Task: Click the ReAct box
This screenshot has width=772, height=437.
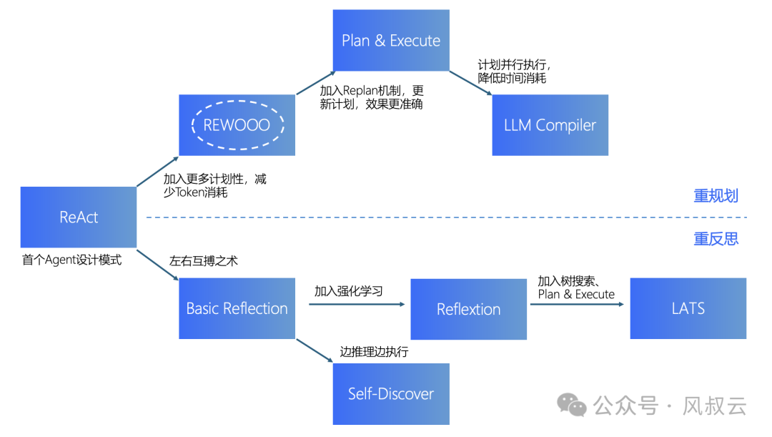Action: [x=79, y=217]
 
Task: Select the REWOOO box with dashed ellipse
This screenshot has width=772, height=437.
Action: [x=237, y=125]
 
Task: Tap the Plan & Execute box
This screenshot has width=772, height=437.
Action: [x=391, y=41]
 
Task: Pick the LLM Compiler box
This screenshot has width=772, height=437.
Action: [x=550, y=125]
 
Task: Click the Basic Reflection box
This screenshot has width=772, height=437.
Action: [x=237, y=308]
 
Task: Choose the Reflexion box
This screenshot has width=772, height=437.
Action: [x=468, y=309]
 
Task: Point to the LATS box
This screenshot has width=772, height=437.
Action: [x=688, y=308]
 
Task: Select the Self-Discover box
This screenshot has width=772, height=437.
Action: [x=391, y=393]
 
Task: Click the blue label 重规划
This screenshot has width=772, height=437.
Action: [x=716, y=196]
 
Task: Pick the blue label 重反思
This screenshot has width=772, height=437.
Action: [x=716, y=239]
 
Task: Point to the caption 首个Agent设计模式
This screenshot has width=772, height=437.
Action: [x=72, y=260]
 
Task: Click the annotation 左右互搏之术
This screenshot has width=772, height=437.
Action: [x=203, y=261]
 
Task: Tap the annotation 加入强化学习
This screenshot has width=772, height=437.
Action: [x=348, y=291]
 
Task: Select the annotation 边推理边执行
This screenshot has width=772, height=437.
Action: [x=374, y=352]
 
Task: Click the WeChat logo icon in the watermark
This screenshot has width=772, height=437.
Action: [x=572, y=406]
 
